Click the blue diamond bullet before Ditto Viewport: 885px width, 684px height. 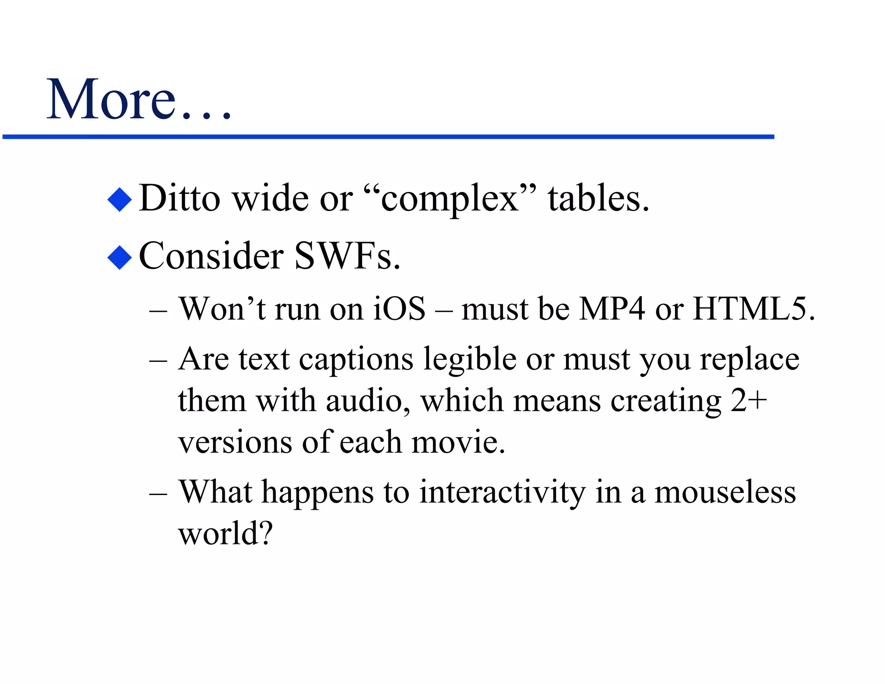coord(119,199)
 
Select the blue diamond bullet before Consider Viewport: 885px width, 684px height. coord(119,257)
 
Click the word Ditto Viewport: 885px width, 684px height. coord(179,198)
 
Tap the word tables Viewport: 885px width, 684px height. coord(598,198)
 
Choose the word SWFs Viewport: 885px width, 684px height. coord(347,256)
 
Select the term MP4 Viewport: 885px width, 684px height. coord(612,309)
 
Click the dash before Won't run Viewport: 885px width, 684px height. coord(158,311)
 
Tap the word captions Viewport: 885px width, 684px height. coord(356,360)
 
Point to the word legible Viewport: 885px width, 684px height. coord(470,360)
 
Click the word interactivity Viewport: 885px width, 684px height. coord(502,492)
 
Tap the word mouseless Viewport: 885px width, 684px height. coord(725,492)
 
